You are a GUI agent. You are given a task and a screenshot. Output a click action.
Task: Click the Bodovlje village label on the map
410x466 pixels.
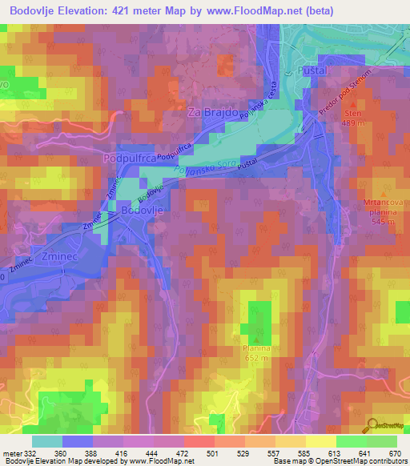click(144, 210)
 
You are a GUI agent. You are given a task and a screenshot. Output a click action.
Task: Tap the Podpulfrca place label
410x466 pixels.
click(131, 160)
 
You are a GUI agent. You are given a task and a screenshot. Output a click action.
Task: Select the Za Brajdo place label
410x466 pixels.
click(214, 114)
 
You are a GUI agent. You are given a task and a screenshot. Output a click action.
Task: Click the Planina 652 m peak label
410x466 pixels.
click(258, 353)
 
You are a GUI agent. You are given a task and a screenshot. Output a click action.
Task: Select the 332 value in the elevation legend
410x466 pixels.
click(25, 454)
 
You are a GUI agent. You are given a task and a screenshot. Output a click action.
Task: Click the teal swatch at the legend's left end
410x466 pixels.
click(47, 441)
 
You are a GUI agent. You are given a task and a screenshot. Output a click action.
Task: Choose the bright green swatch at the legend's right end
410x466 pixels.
click(381, 441)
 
